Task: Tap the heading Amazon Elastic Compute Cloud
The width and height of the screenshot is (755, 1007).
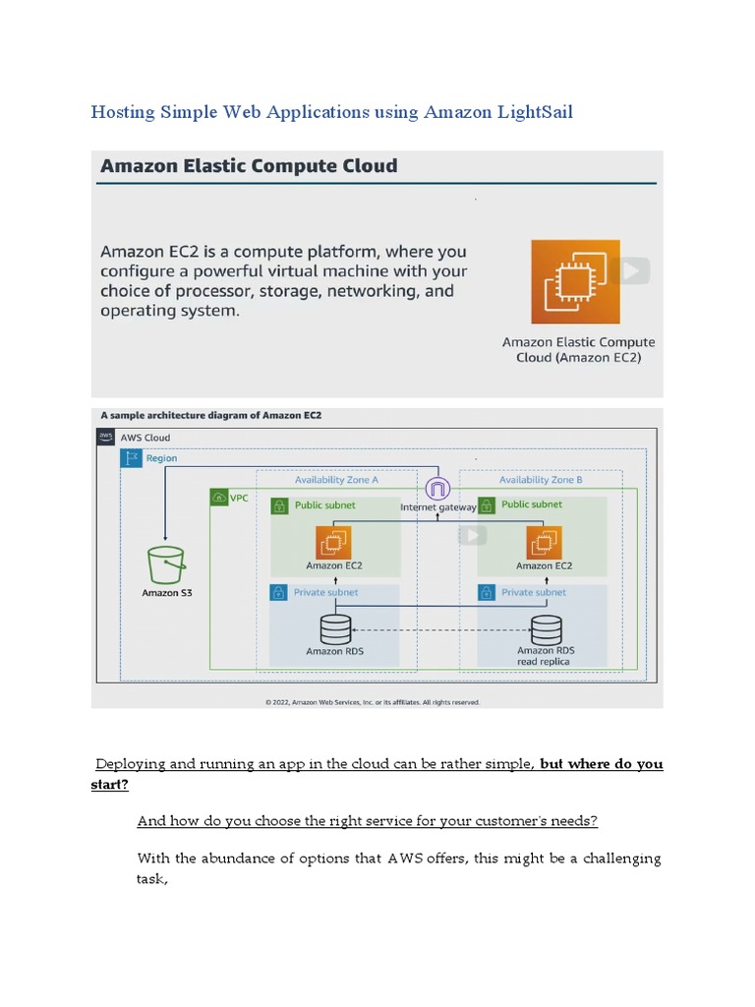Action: pos(249,166)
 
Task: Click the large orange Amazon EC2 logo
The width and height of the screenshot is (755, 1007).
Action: pos(576,281)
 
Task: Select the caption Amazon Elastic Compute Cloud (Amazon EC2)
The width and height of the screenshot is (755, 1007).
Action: pos(578,349)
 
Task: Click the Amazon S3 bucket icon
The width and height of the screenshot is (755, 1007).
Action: pos(165,565)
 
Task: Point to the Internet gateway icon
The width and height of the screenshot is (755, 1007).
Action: pos(437,488)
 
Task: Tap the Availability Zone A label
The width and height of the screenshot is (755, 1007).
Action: pos(336,480)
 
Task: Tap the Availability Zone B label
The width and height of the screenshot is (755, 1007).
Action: pos(541,480)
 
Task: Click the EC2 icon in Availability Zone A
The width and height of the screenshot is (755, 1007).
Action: pos(333,542)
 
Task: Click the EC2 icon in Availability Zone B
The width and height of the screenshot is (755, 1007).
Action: pos(544,542)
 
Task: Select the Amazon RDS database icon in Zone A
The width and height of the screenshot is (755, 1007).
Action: pos(336,627)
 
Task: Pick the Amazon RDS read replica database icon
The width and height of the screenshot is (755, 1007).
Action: pos(546,627)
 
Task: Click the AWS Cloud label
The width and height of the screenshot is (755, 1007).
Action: pos(145,438)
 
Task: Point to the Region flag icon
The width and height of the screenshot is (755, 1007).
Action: pos(132,458)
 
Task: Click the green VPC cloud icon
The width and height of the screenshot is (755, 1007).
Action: pos(219,499)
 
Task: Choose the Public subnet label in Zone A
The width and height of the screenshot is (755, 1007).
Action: pos(325,505)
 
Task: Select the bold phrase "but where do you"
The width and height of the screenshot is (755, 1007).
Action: pos(602,764)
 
